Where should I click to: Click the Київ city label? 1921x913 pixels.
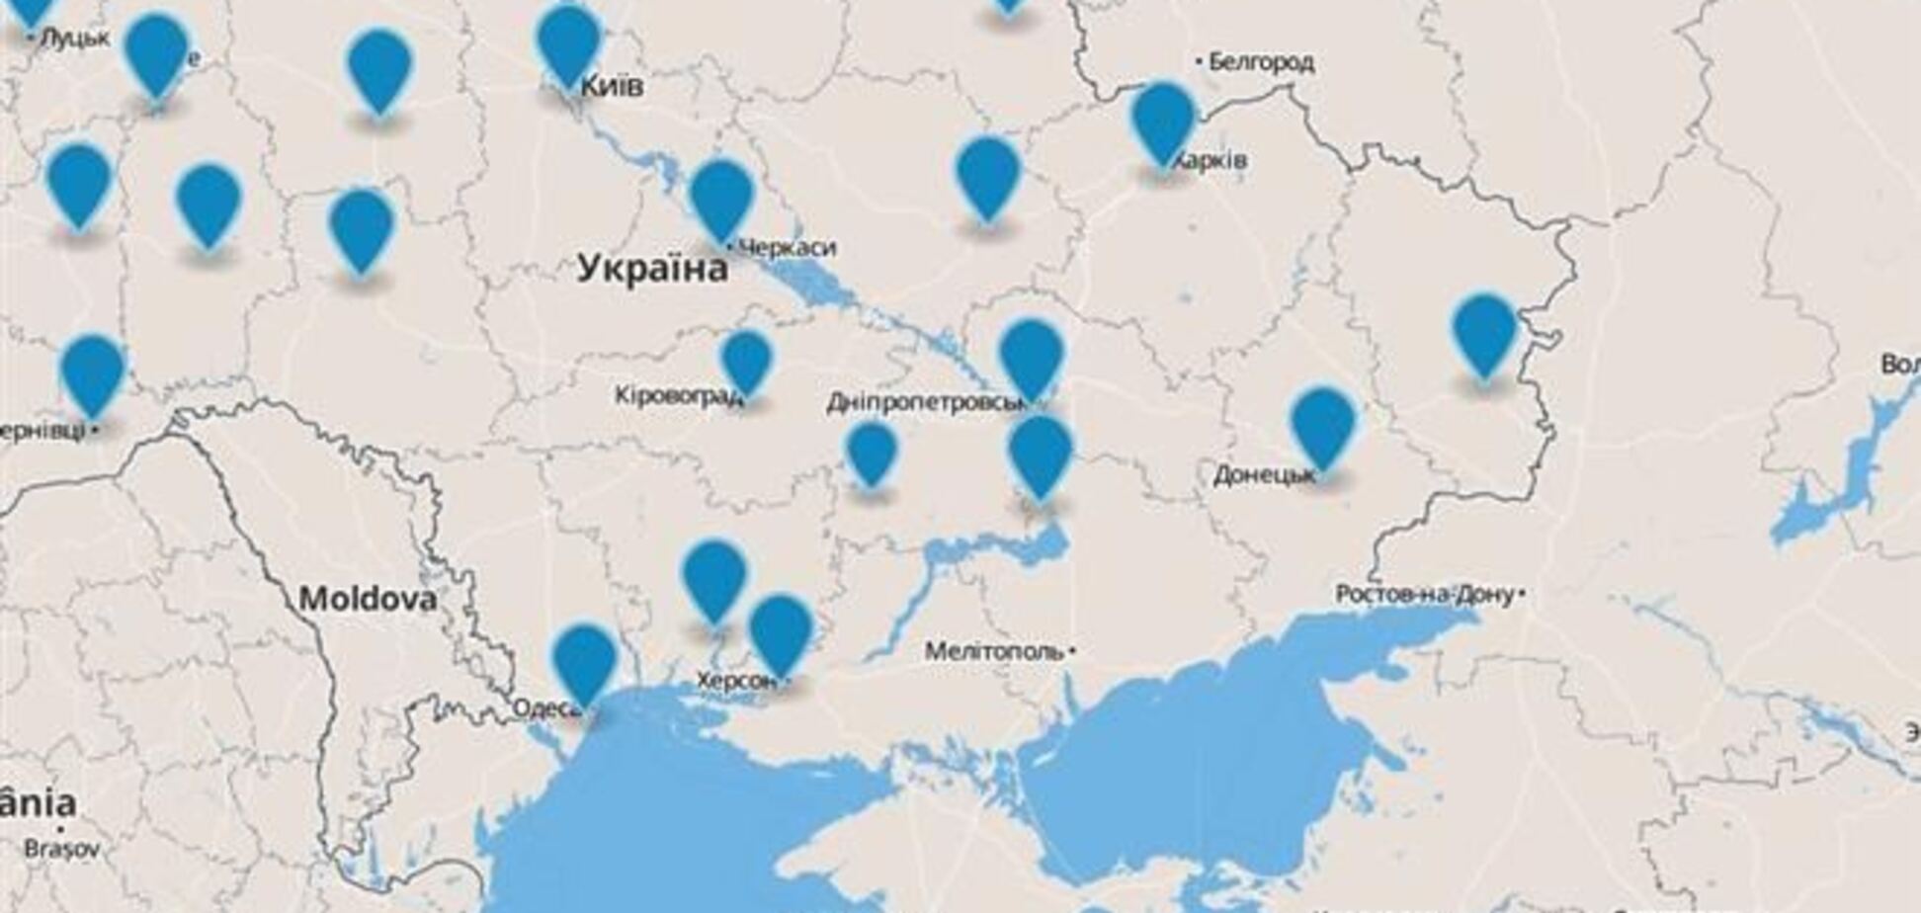612,86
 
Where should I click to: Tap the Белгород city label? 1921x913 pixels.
1261,63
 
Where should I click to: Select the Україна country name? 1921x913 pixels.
652,269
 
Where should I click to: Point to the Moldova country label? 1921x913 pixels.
368,599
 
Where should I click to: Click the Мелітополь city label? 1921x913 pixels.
995,652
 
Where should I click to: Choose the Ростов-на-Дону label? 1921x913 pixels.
1424,594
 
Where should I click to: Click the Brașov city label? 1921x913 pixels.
61,849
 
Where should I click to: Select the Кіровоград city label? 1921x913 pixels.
678,396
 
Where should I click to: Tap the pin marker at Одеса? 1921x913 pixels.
584,661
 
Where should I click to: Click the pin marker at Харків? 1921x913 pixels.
1164,121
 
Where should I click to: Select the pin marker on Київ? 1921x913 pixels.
569,43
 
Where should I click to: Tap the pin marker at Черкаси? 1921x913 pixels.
722,198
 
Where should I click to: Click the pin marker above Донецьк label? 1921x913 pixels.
1323,425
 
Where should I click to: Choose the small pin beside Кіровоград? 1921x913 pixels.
746,361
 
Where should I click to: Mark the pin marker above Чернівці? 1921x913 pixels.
93,373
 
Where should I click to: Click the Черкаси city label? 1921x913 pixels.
788,247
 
